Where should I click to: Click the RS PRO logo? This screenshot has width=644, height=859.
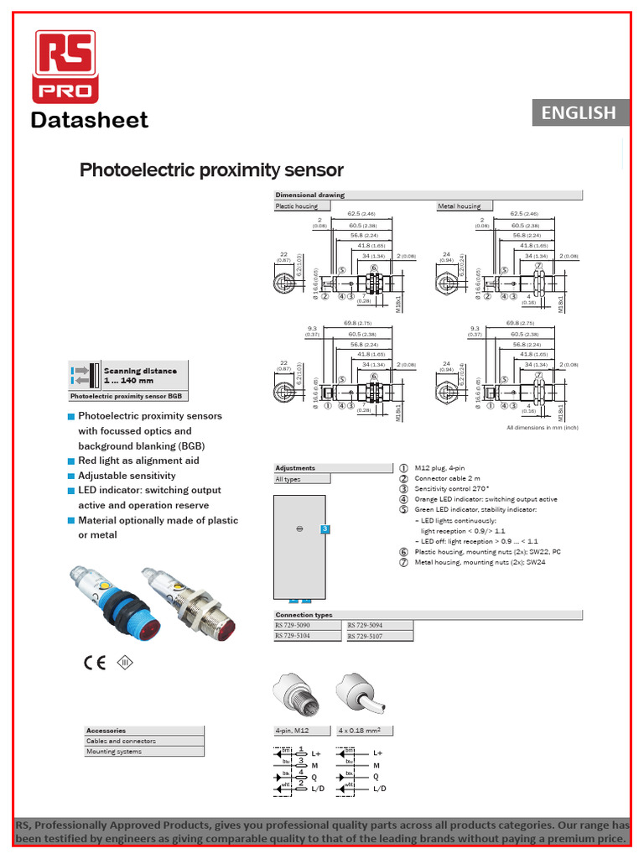tap(65, 66)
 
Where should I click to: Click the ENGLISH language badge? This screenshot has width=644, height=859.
tap(579, 112)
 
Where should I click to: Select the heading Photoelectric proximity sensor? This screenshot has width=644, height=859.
tap(211, 170)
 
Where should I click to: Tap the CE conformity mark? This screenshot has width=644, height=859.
tap(94, 662)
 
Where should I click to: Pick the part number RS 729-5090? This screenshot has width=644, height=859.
tap(293, 626)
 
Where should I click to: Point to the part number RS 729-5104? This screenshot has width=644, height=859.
tap(293, 637)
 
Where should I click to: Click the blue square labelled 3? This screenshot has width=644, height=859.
tap(325, 529)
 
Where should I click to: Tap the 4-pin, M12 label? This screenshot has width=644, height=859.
tap(292, 731)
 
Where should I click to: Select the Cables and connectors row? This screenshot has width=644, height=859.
tap(122, 742)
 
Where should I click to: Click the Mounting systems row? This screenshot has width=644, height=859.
tap(114, 752)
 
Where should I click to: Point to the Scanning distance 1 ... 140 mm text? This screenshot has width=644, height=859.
tap(140, 375)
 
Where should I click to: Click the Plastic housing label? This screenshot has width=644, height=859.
tap(297, 206)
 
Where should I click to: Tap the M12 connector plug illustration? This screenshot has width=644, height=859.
tap(295, 695)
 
